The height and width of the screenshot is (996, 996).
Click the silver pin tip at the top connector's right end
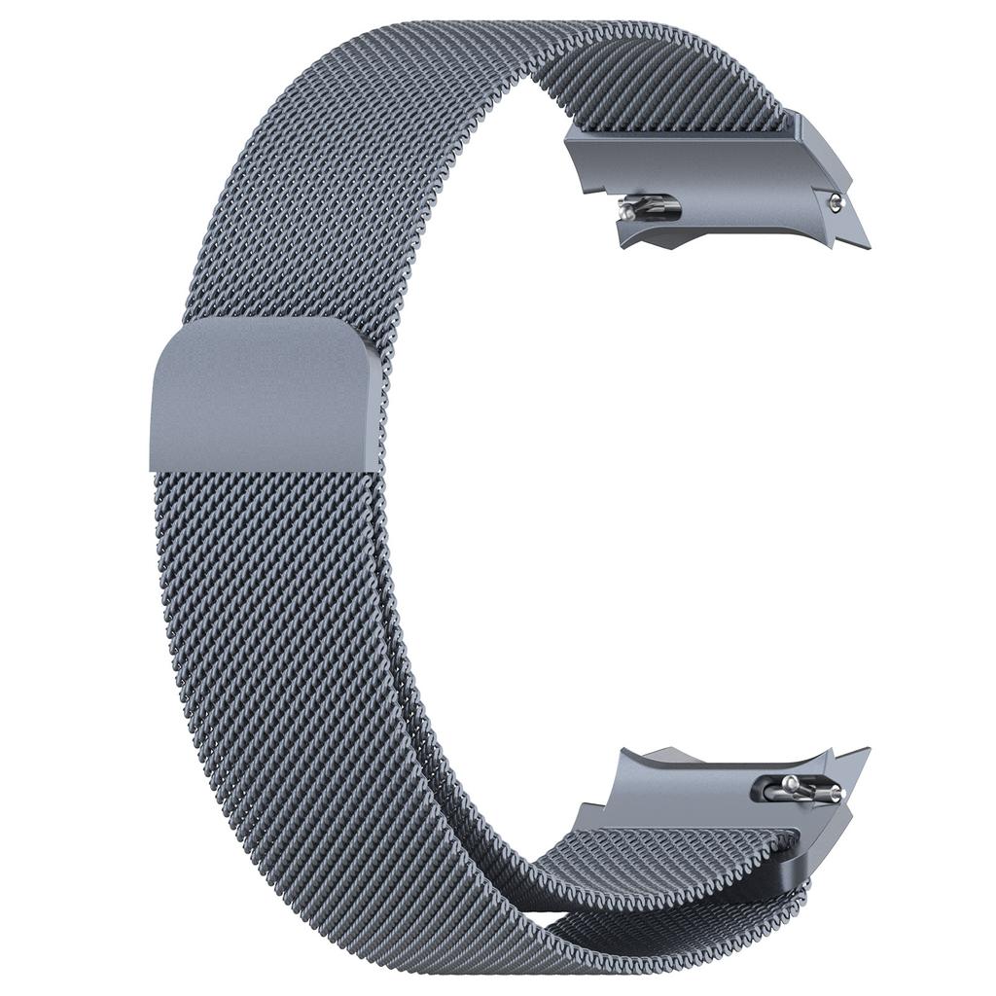(835, 202)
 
